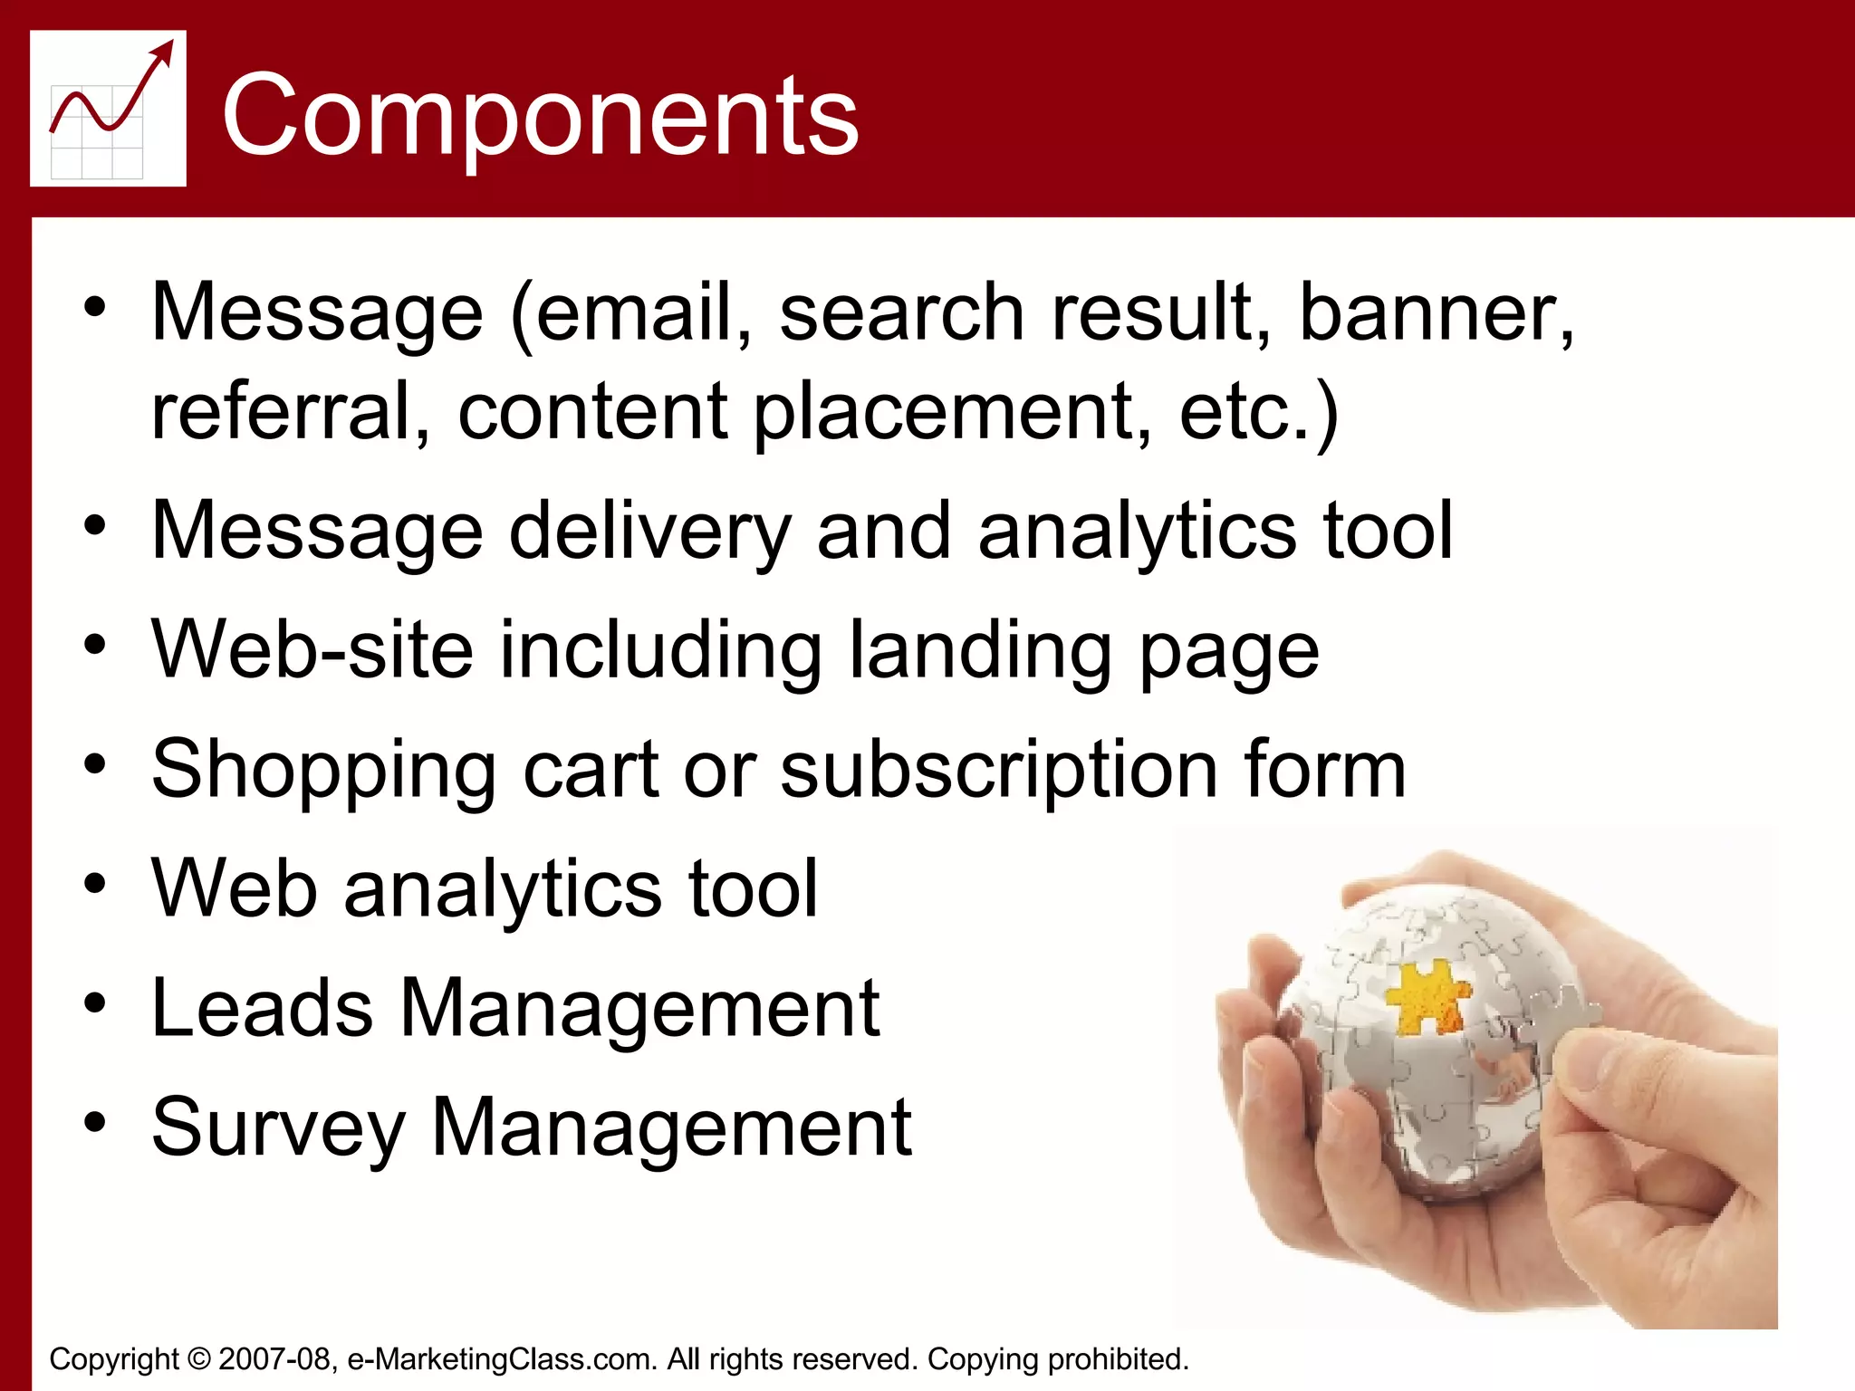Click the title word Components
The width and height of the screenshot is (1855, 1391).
[x=540, y=116]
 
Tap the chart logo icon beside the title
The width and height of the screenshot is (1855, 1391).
[x=108, y=109]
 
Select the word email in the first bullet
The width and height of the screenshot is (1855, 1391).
[x=634, y=312]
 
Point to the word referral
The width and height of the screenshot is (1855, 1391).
[x=281, y=412]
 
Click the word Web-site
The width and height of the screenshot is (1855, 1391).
[x=312, y=649]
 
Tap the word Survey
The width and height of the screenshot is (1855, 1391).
[x=278, y=1129]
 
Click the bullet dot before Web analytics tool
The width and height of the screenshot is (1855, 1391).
[x=95, y=884]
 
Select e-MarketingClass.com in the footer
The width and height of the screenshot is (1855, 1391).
[x=502, y=1359]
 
